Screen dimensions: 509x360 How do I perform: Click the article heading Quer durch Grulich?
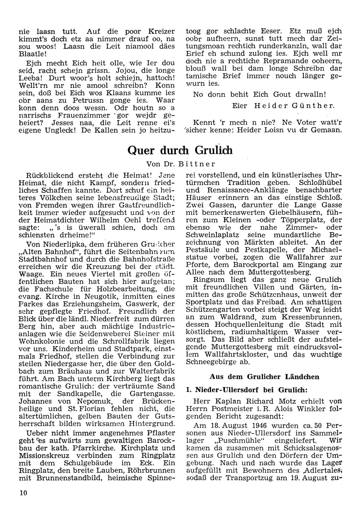[x=180, y=150]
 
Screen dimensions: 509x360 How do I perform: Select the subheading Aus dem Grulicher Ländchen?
[x=264, y=377]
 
